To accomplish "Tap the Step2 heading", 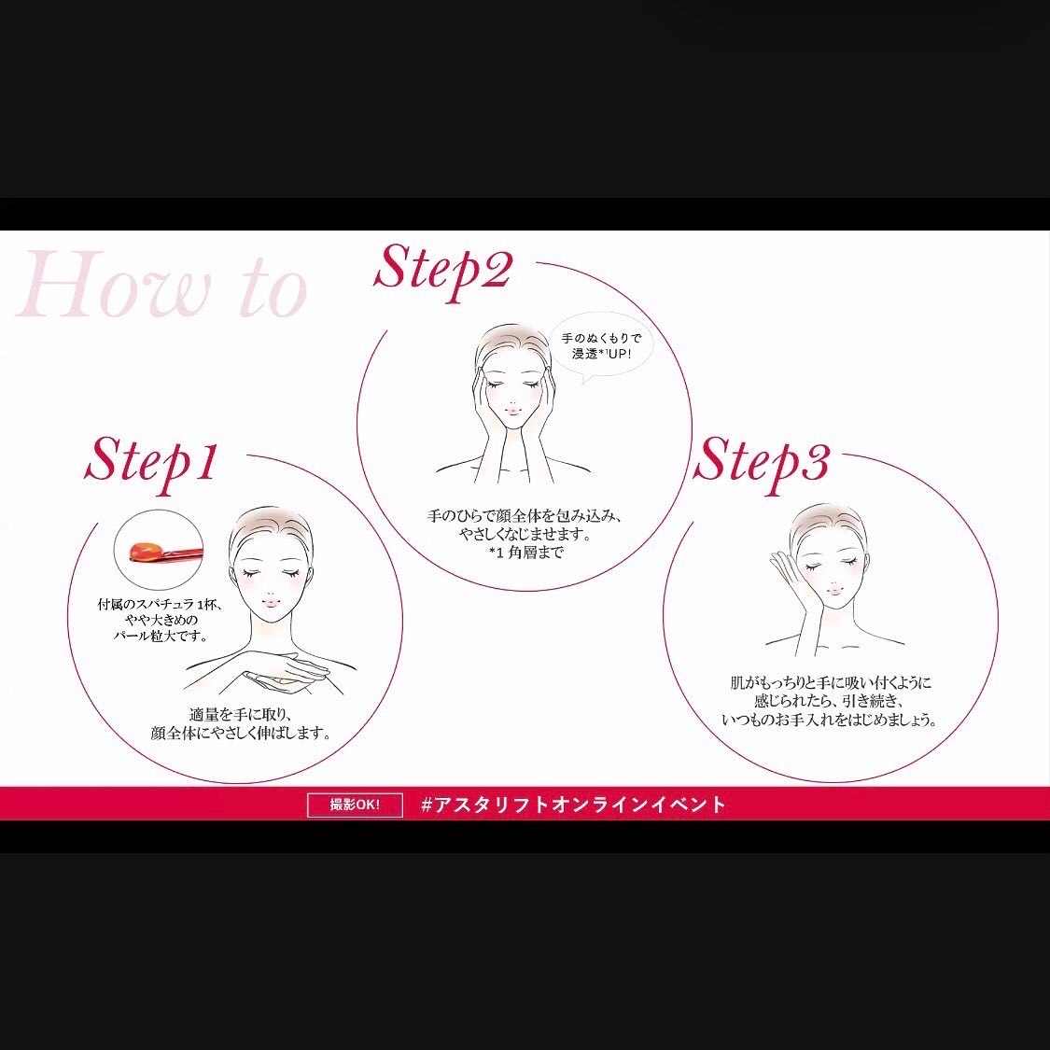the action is pos(442,272).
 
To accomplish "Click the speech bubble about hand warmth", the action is pos(600,348).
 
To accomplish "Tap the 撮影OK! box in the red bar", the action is pos(355,805).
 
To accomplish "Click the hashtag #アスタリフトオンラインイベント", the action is pos(573,805).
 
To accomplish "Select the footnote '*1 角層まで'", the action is pos(526,553).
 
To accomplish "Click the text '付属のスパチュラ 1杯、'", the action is pos(160,605).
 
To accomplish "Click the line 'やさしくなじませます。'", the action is pos(526,535).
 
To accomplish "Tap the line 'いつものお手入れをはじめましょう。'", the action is pos(830,720).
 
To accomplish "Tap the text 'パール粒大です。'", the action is pos(160,637).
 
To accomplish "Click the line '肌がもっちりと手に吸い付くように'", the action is pos(831,684).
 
